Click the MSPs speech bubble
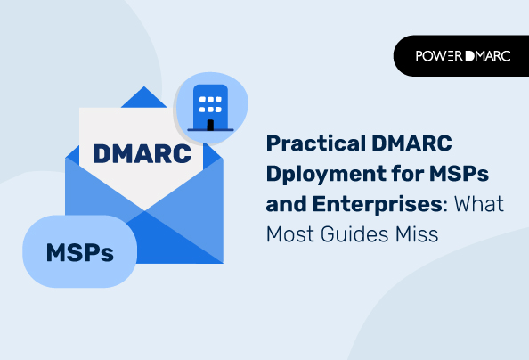[x=80, y=251]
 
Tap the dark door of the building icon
[x=210, y=124]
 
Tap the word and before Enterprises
[x=284, y=203]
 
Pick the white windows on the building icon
[x=210, y=102]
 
